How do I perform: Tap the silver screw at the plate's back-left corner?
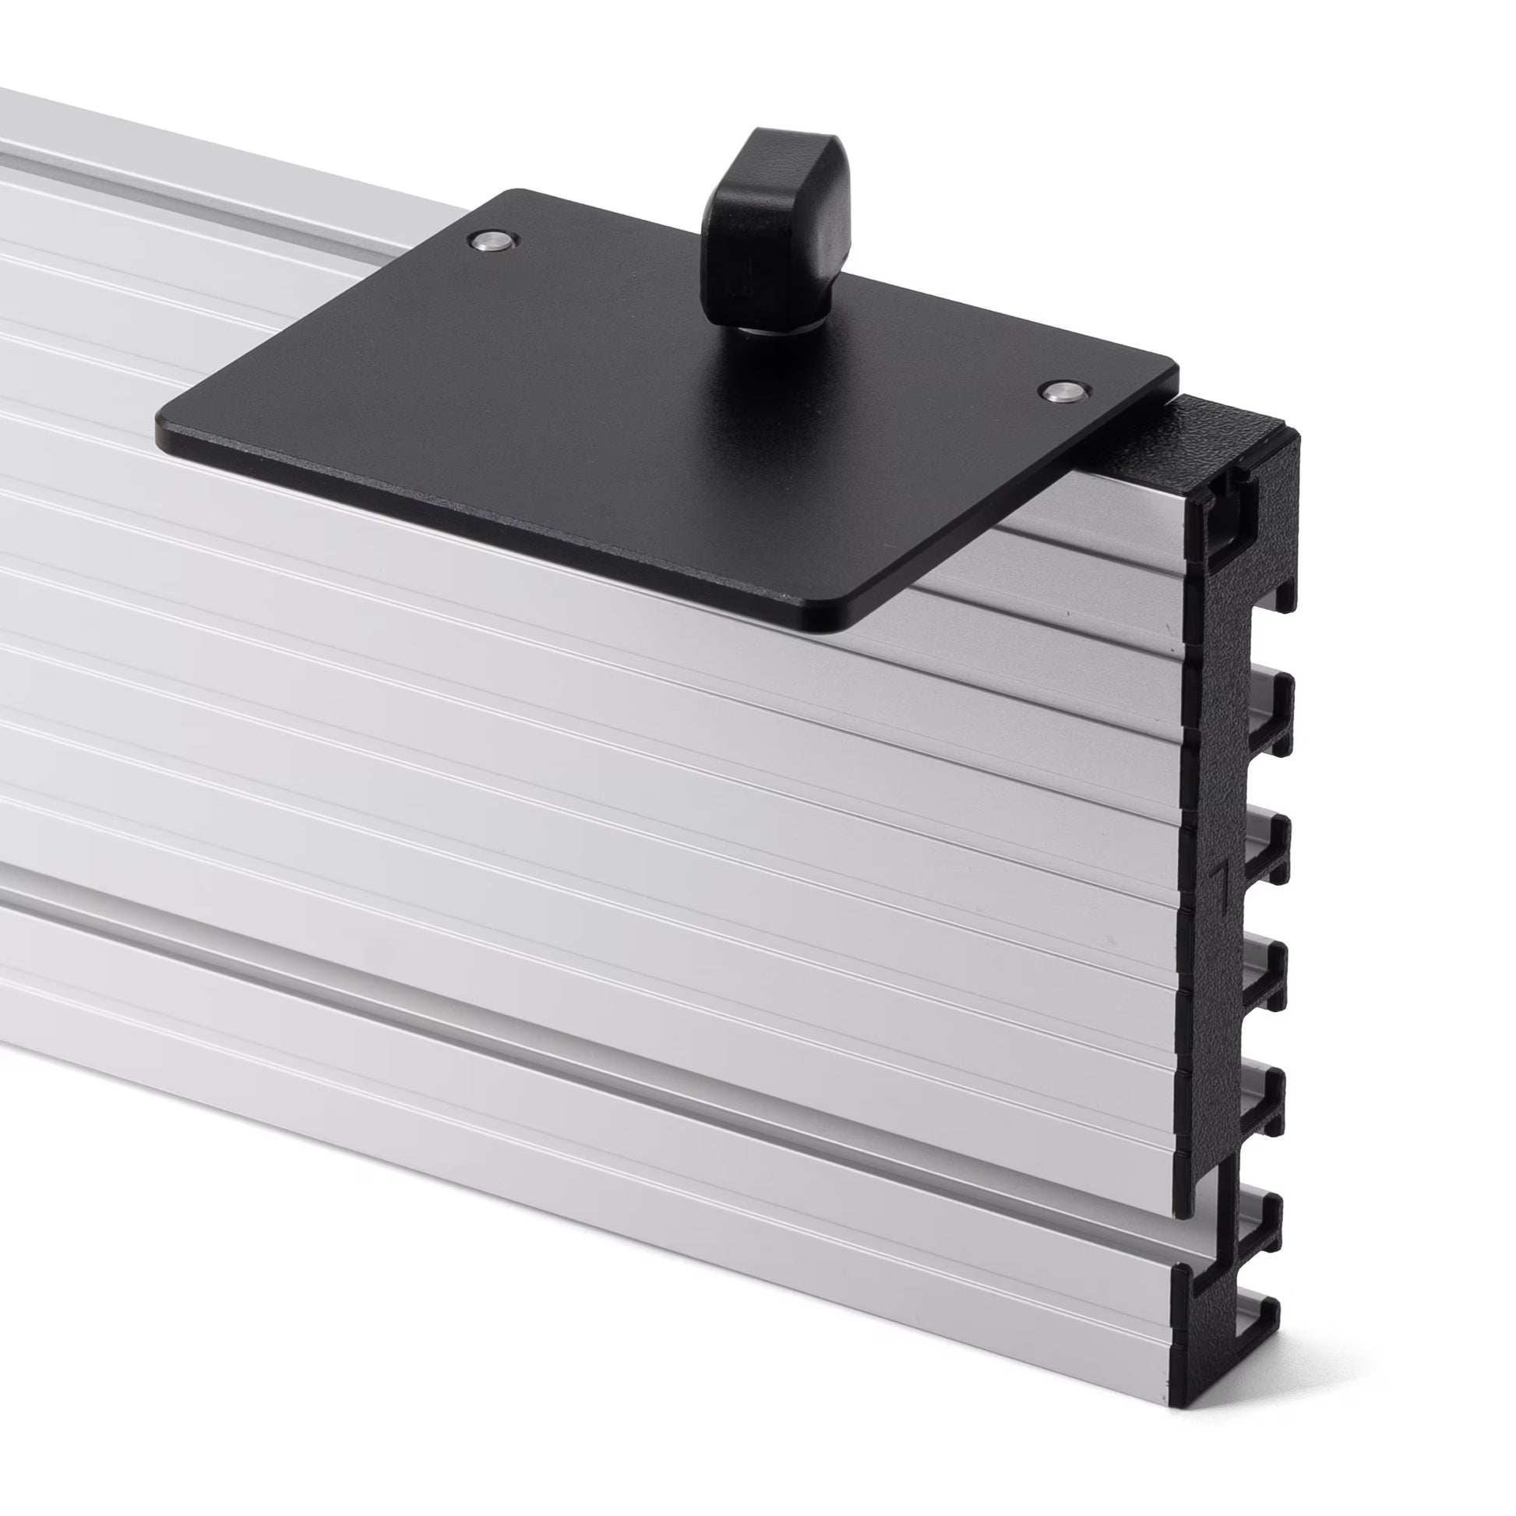pos(492,240)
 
